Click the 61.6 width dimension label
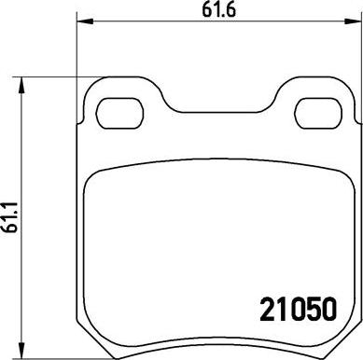(219, 9)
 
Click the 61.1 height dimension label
(10, 217)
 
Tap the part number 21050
(299, 309)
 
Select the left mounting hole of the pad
(119, 113)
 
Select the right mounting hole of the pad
(318, 113)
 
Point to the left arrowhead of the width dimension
(85, 21)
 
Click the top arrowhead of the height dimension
(21, 85)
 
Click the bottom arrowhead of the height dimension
(21, 351)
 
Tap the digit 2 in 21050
(267, 309)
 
